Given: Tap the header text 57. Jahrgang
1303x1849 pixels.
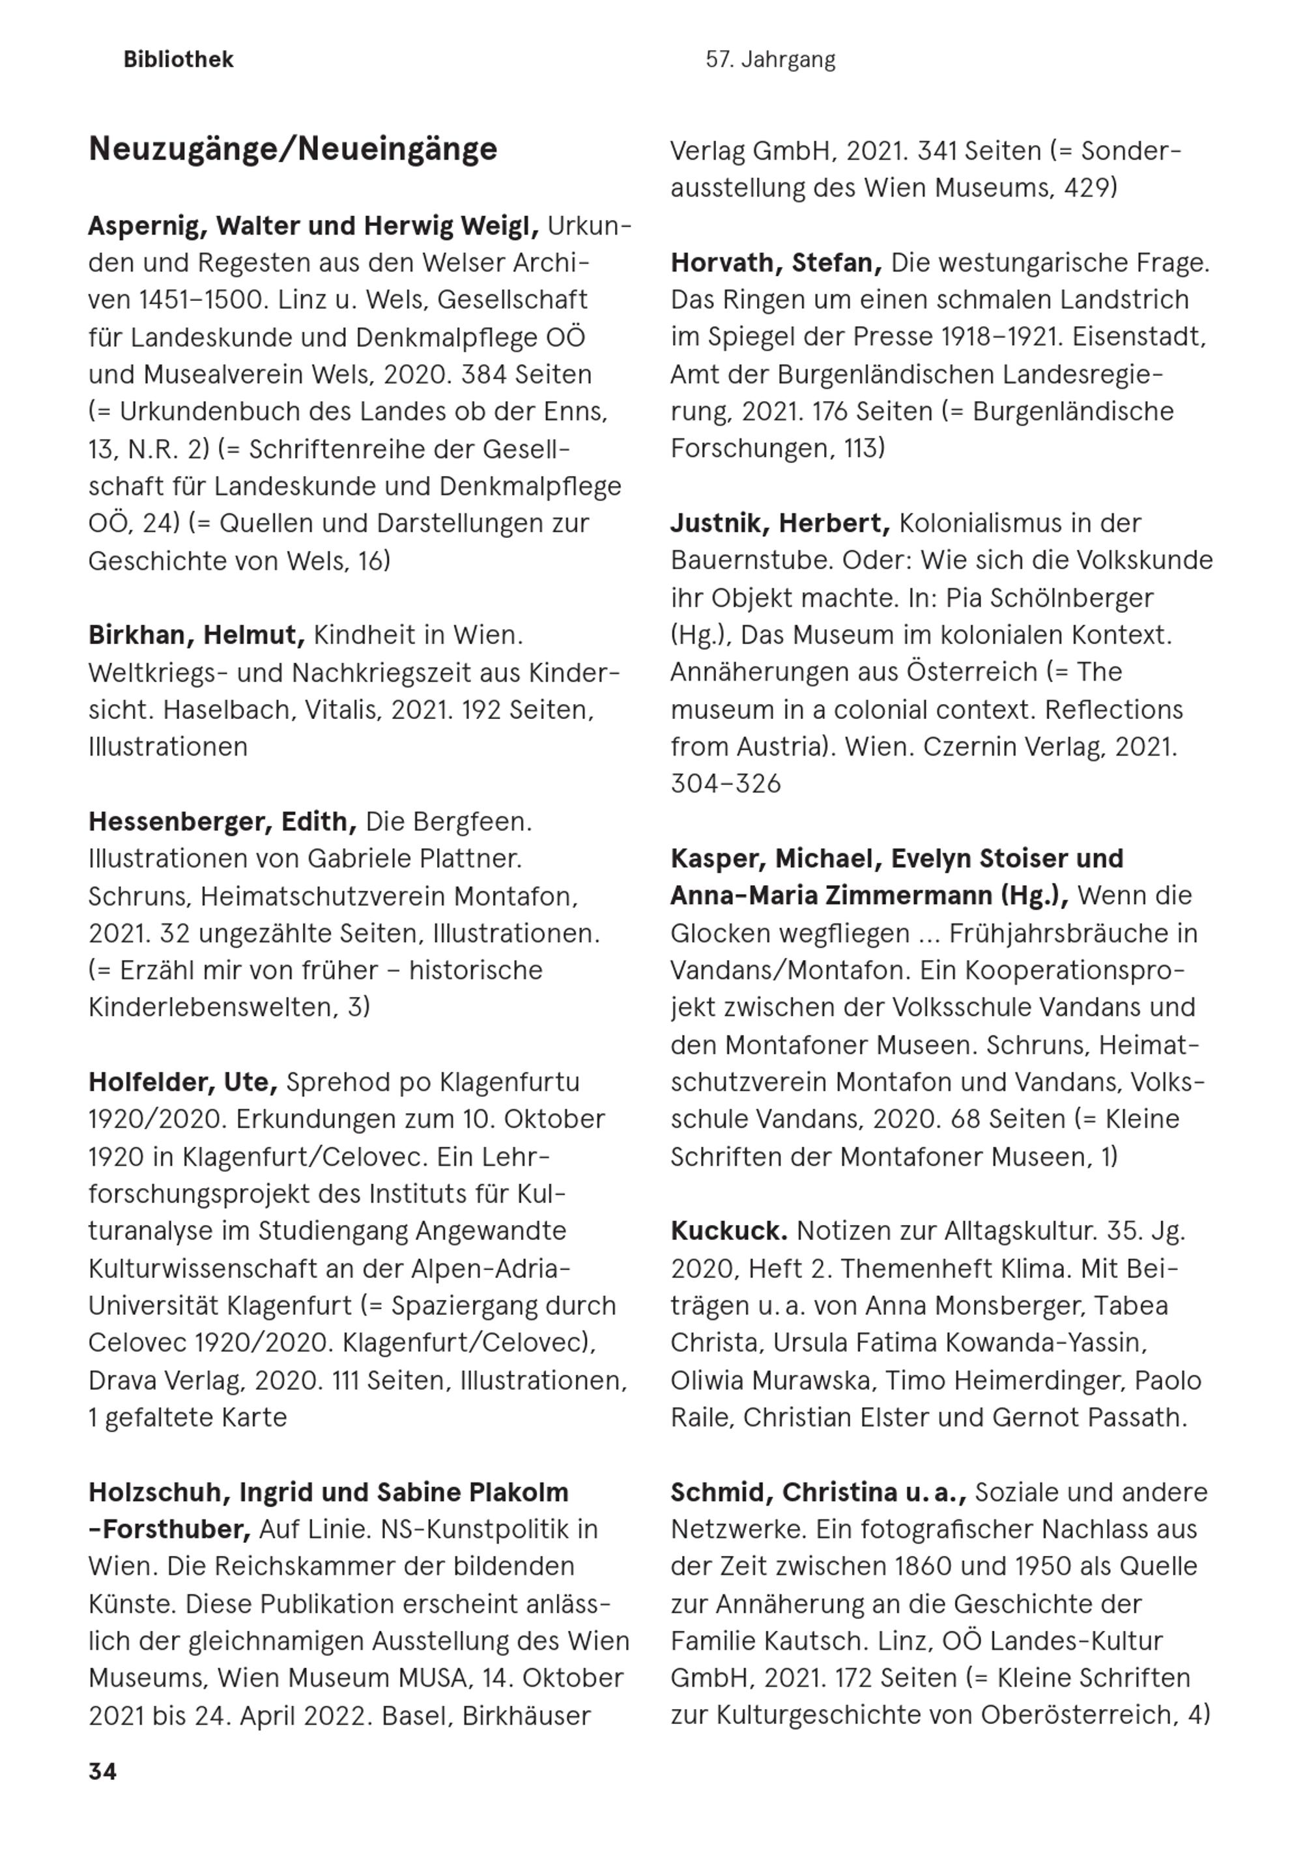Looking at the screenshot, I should (769, 60).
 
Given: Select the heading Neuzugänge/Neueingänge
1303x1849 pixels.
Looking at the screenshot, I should (293, 150).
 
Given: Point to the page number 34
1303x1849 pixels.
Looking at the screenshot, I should (102, 1771).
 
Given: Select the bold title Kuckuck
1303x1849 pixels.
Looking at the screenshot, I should (728, 1232).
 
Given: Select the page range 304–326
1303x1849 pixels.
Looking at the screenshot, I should (725, 783).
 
